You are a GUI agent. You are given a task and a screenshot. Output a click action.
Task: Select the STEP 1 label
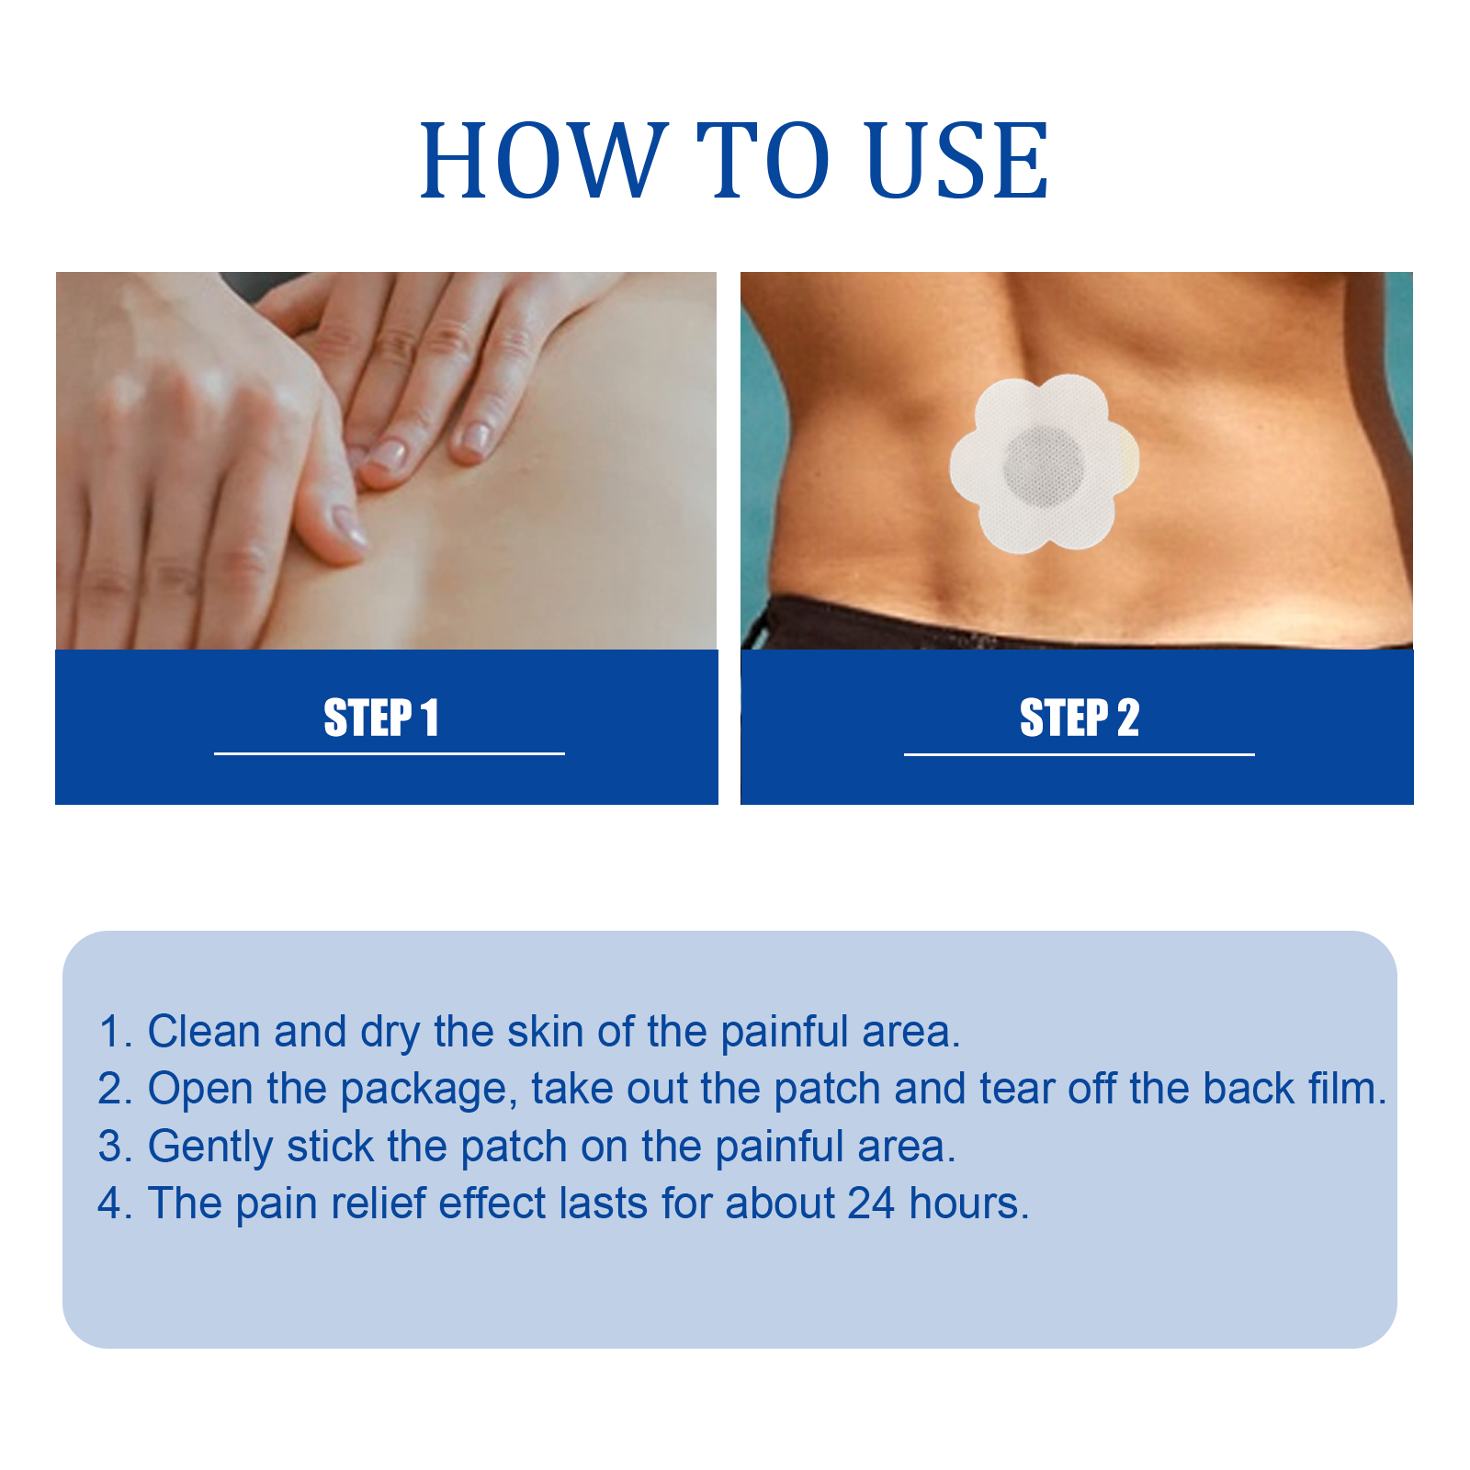pos(381,718)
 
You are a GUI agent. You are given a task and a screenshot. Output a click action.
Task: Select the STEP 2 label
pos(1080,718)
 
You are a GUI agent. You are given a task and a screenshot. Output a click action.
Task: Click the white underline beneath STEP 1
pos(390,753)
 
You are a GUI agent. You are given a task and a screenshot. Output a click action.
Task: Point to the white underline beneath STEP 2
pos(1080,754)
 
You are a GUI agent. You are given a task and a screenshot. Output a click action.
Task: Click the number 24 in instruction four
pos(871,1204)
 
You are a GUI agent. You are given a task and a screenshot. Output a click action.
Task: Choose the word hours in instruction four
pos(968,1204)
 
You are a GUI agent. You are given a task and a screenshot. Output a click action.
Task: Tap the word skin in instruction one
pos(547,1032)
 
